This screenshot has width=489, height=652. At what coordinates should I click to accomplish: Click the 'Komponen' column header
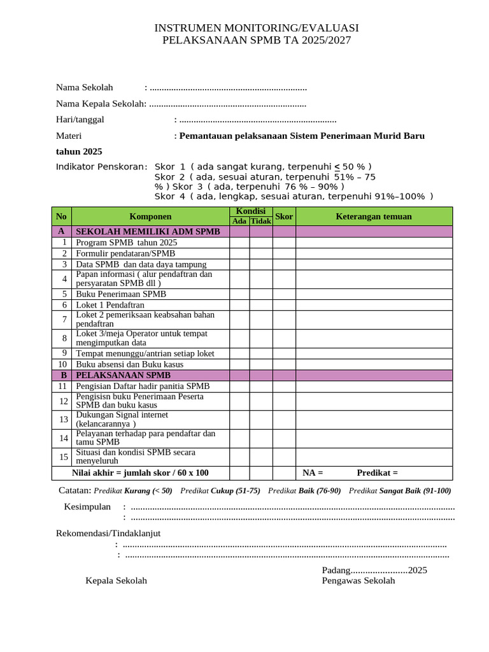coord(150,216)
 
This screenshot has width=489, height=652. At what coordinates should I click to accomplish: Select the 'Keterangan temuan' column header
coord(374,216)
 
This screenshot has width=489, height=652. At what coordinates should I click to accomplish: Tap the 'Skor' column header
coord(284,216)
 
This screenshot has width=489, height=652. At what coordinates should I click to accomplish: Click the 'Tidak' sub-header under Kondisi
coord(260,221)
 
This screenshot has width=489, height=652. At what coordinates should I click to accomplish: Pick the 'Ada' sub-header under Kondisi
coord(239,221)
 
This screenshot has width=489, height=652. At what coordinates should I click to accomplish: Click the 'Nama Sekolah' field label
coord(85,87)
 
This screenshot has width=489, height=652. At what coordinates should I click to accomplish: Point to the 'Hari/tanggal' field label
coord(80,119)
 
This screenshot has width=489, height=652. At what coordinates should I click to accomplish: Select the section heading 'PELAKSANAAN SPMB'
coord(124,376)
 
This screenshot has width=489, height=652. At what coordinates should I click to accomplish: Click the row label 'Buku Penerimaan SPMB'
coord(121,294)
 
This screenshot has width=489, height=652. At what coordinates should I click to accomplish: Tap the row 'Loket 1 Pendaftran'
coord(110,305)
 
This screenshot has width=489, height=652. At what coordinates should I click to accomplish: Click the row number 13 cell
coord(63,419)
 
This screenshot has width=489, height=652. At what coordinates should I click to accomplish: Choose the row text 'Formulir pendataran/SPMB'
coord(125,253)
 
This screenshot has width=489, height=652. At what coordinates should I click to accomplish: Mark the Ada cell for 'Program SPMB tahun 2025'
coord(239,243)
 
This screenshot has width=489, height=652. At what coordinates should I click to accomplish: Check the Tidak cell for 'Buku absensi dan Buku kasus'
coord(260,364)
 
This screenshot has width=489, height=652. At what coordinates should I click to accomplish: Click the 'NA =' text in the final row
coord(313,472)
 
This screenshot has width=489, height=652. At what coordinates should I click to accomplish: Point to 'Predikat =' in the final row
coord(377,472)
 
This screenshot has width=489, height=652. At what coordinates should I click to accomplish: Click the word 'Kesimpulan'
coord(87,507)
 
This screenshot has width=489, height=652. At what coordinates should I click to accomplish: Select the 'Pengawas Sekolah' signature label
coord(358,581)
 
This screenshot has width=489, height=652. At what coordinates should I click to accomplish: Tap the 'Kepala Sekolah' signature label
coord(117,581)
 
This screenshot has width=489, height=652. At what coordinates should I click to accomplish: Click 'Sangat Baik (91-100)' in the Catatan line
coord(415,490)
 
